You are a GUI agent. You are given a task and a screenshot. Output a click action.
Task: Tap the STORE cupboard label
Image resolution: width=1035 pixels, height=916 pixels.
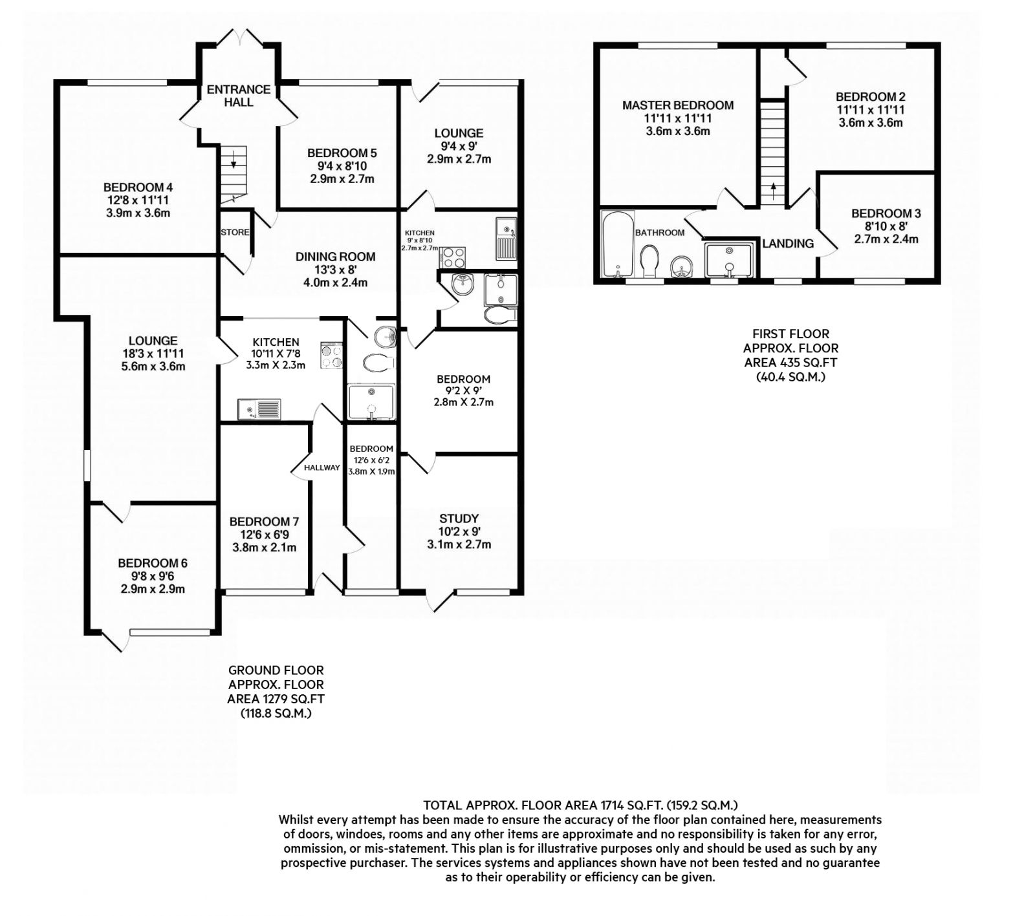point(235,232)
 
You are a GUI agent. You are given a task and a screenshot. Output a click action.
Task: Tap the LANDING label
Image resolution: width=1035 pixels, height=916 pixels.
point(787,244)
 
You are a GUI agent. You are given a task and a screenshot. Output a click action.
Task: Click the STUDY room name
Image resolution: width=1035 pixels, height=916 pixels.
point(459,518)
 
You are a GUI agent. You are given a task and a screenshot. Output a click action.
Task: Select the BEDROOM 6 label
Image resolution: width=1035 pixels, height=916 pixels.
point(153,563)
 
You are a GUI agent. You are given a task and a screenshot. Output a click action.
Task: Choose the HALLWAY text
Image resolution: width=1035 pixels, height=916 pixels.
point(321,467)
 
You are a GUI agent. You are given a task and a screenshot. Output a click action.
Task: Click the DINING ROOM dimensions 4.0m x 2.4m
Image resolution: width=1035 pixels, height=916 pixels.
point(335,282)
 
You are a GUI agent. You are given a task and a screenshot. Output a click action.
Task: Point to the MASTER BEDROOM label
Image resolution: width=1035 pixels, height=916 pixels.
point(677,105)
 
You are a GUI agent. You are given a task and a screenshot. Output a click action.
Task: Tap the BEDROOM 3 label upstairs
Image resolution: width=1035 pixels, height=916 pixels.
point(886,213)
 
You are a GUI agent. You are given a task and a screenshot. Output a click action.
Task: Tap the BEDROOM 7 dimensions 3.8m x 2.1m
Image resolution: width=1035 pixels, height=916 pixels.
point(263,548)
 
